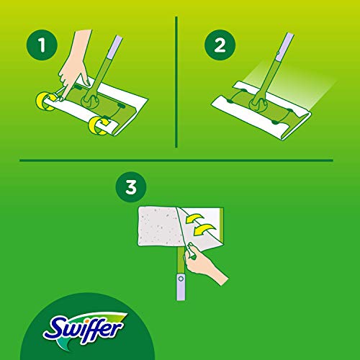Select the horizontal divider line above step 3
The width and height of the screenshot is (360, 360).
coord(180,161)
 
